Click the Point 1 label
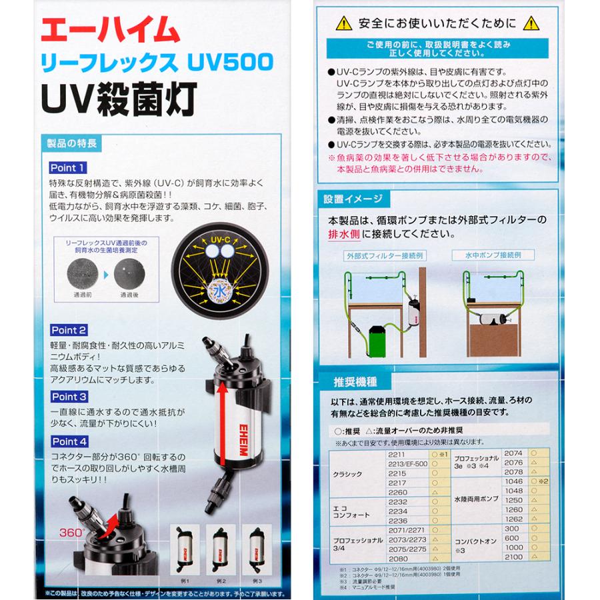pos(67,168)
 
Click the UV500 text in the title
pos(234,63)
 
